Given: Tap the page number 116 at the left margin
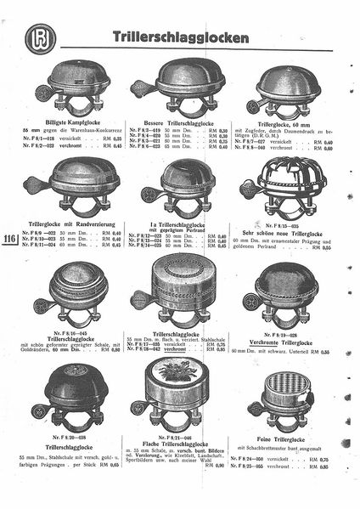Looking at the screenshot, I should point(12,239).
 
